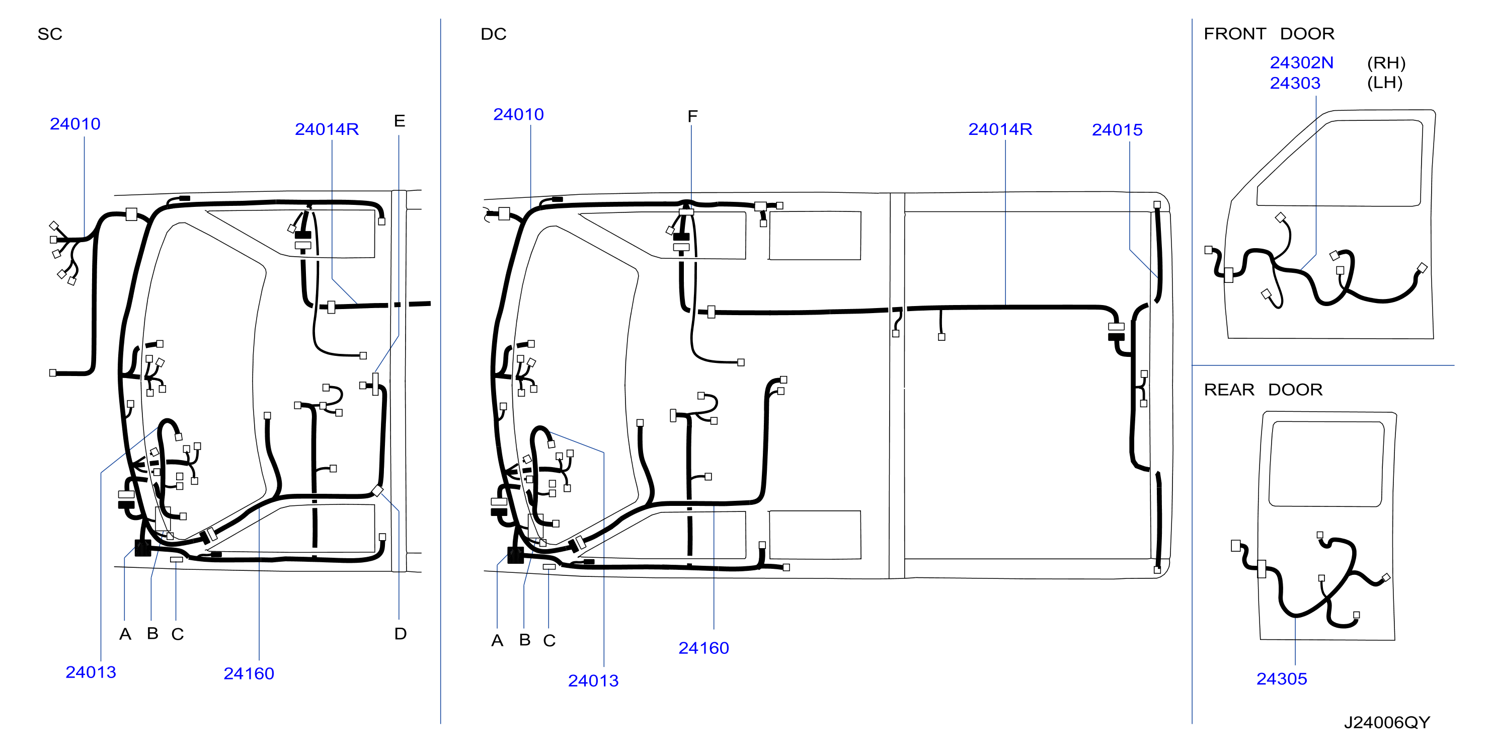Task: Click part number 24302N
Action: [1301, 62]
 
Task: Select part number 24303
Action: [1295, 83]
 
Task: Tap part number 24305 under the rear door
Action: [1281, 679]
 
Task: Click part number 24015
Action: [1117, 130]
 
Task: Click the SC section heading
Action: [50, 34]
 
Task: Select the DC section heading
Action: [494, 34]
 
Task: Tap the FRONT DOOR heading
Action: [1269, 34]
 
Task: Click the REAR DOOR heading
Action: [1263, 390]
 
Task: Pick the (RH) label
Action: [1386, 62]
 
